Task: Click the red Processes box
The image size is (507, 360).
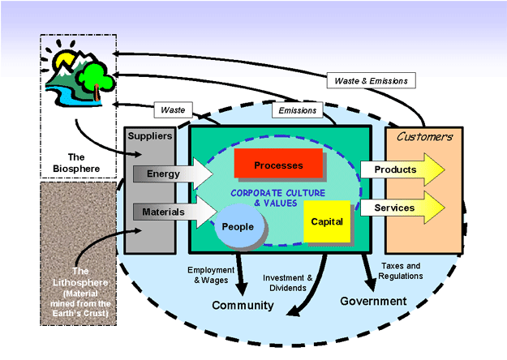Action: pos(277,164)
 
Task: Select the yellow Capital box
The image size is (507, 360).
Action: pos(327,221)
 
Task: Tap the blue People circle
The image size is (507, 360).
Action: pos(238,227)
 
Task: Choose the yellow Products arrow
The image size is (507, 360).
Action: pos(402,169)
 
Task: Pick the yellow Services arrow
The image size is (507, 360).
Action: pos(402,208)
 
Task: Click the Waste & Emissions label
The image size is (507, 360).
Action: pos(372,80)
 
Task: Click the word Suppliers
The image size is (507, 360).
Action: pos(150,137)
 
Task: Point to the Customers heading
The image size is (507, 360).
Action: pos(424,137)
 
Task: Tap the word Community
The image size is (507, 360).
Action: pos(243,306)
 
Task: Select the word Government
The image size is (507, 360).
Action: pos(373,301)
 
